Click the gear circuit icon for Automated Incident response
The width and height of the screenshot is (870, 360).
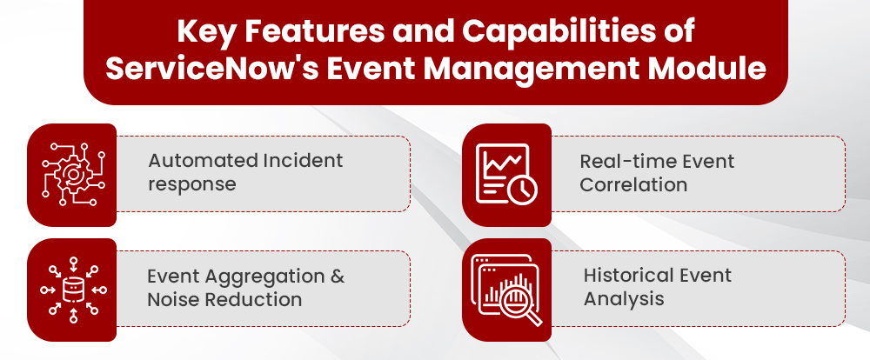click(x=72, y=174)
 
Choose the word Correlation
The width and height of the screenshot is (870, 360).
click(x=633, y=185)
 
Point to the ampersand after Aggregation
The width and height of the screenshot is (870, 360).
click(x=338, y=277)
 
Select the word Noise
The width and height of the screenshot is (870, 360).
click(x=171, y=299)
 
